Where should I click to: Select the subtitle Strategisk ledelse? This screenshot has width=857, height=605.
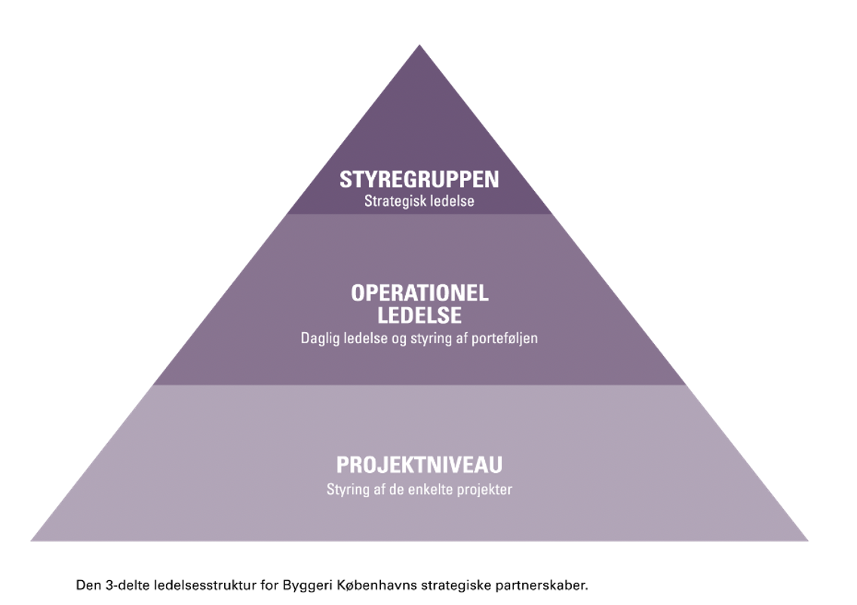point(419,201)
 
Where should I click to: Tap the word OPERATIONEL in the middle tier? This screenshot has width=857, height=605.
point(419,293)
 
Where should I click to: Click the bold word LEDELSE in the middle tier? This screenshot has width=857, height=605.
point(419,315)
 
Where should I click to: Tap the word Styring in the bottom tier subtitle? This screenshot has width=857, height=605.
point(346,490)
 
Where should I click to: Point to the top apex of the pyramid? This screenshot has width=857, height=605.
point(419,48)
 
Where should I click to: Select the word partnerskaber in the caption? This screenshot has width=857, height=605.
point(549,584)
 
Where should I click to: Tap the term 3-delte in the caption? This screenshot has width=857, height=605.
point(117,584)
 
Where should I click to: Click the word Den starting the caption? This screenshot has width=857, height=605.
point(86,584)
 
